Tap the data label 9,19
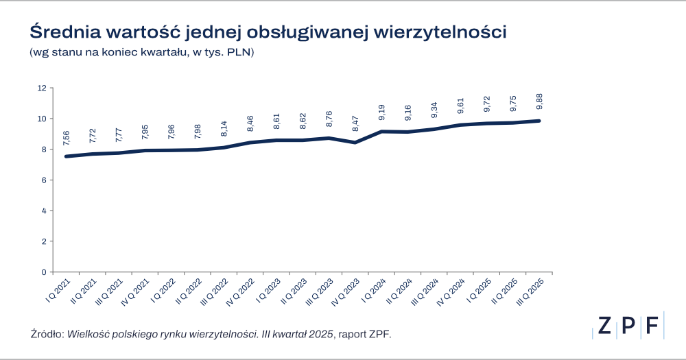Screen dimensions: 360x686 tap(381, 112)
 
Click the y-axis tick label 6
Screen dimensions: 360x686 tap(43, 180)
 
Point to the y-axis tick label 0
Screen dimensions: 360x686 tap(43, 272)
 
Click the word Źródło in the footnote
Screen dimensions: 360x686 tap(47, 334)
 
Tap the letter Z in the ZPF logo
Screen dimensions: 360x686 tap(604, 326)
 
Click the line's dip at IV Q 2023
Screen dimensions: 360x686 tap(355, 142)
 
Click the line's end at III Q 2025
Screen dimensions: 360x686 tap(540, 121)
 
